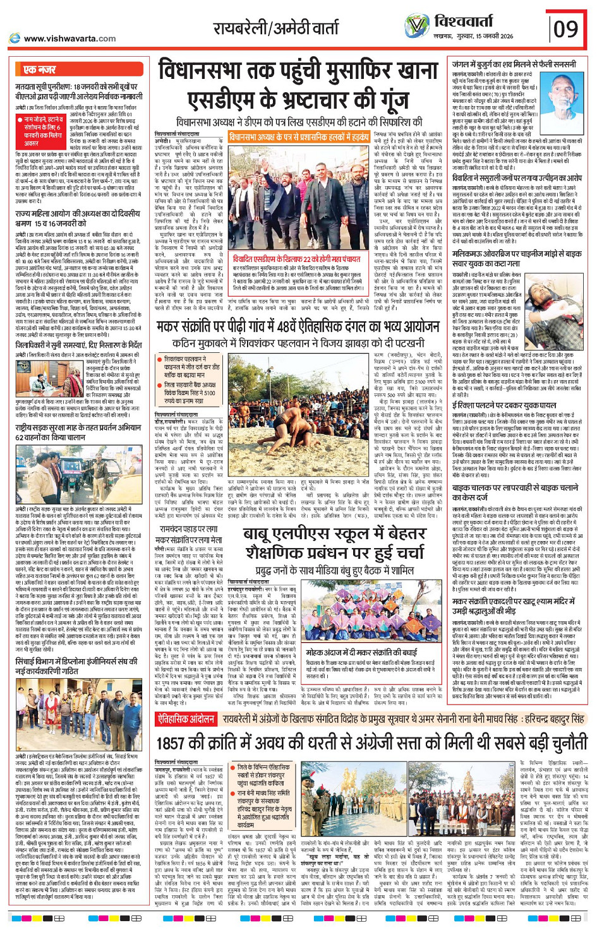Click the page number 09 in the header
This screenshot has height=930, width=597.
(x=566, y=28)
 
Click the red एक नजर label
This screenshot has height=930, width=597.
(x=40, y=69)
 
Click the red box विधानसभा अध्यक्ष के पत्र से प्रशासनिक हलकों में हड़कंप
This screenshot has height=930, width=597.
(x=299, y=136)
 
